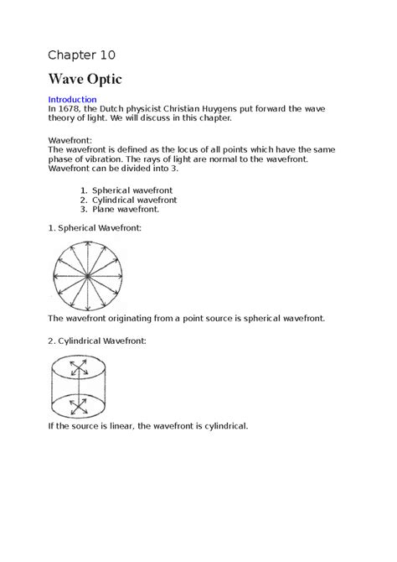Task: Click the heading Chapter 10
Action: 81,55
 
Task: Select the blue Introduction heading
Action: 72,100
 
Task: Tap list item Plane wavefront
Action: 126,210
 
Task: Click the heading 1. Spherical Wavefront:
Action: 95,227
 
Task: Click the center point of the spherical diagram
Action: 87,275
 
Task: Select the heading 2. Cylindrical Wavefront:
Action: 97,341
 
